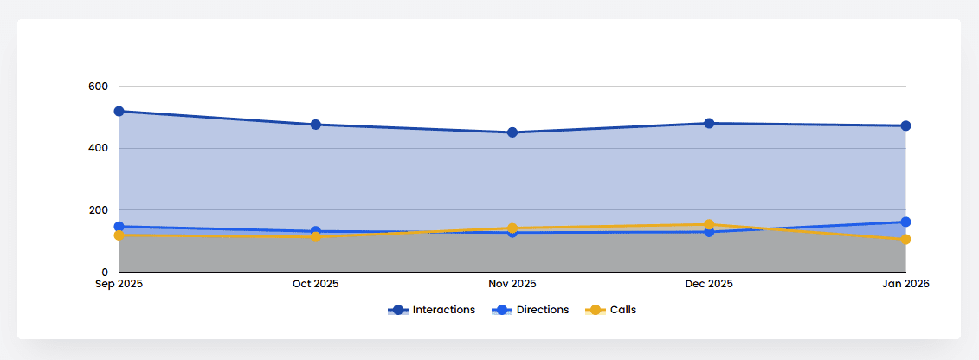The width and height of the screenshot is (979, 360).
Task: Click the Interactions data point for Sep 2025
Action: [119, 112]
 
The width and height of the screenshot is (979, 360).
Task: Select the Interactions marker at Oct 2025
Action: [316, 125]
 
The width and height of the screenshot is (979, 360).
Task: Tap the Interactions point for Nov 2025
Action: [512, 132]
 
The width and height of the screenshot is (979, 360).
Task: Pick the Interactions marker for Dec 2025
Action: [709, 124]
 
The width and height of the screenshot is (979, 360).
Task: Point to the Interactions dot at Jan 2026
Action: [905, 126]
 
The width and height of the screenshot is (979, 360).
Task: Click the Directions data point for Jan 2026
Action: [905, 222]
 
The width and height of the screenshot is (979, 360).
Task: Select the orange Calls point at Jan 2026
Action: [905, 240]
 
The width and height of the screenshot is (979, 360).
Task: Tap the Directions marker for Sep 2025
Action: [119, 227]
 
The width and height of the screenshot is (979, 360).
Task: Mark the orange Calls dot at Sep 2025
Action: [119, 235]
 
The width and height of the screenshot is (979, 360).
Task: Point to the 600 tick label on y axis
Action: [98, 87]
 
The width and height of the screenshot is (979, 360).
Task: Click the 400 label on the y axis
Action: [98, 148]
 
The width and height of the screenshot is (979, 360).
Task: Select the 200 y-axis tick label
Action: [98, 210]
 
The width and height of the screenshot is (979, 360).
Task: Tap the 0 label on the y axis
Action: [105, 273]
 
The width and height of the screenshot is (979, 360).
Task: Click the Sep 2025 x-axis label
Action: [119, 284]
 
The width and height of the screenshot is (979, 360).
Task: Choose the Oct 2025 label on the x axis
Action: [316, 284]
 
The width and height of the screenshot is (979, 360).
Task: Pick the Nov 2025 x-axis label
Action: [512, 284]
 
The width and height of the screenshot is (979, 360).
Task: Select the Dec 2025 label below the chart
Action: [709, 284]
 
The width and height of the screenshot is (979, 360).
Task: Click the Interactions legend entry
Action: [432, 310]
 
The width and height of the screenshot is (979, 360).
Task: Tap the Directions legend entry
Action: [531, 310]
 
